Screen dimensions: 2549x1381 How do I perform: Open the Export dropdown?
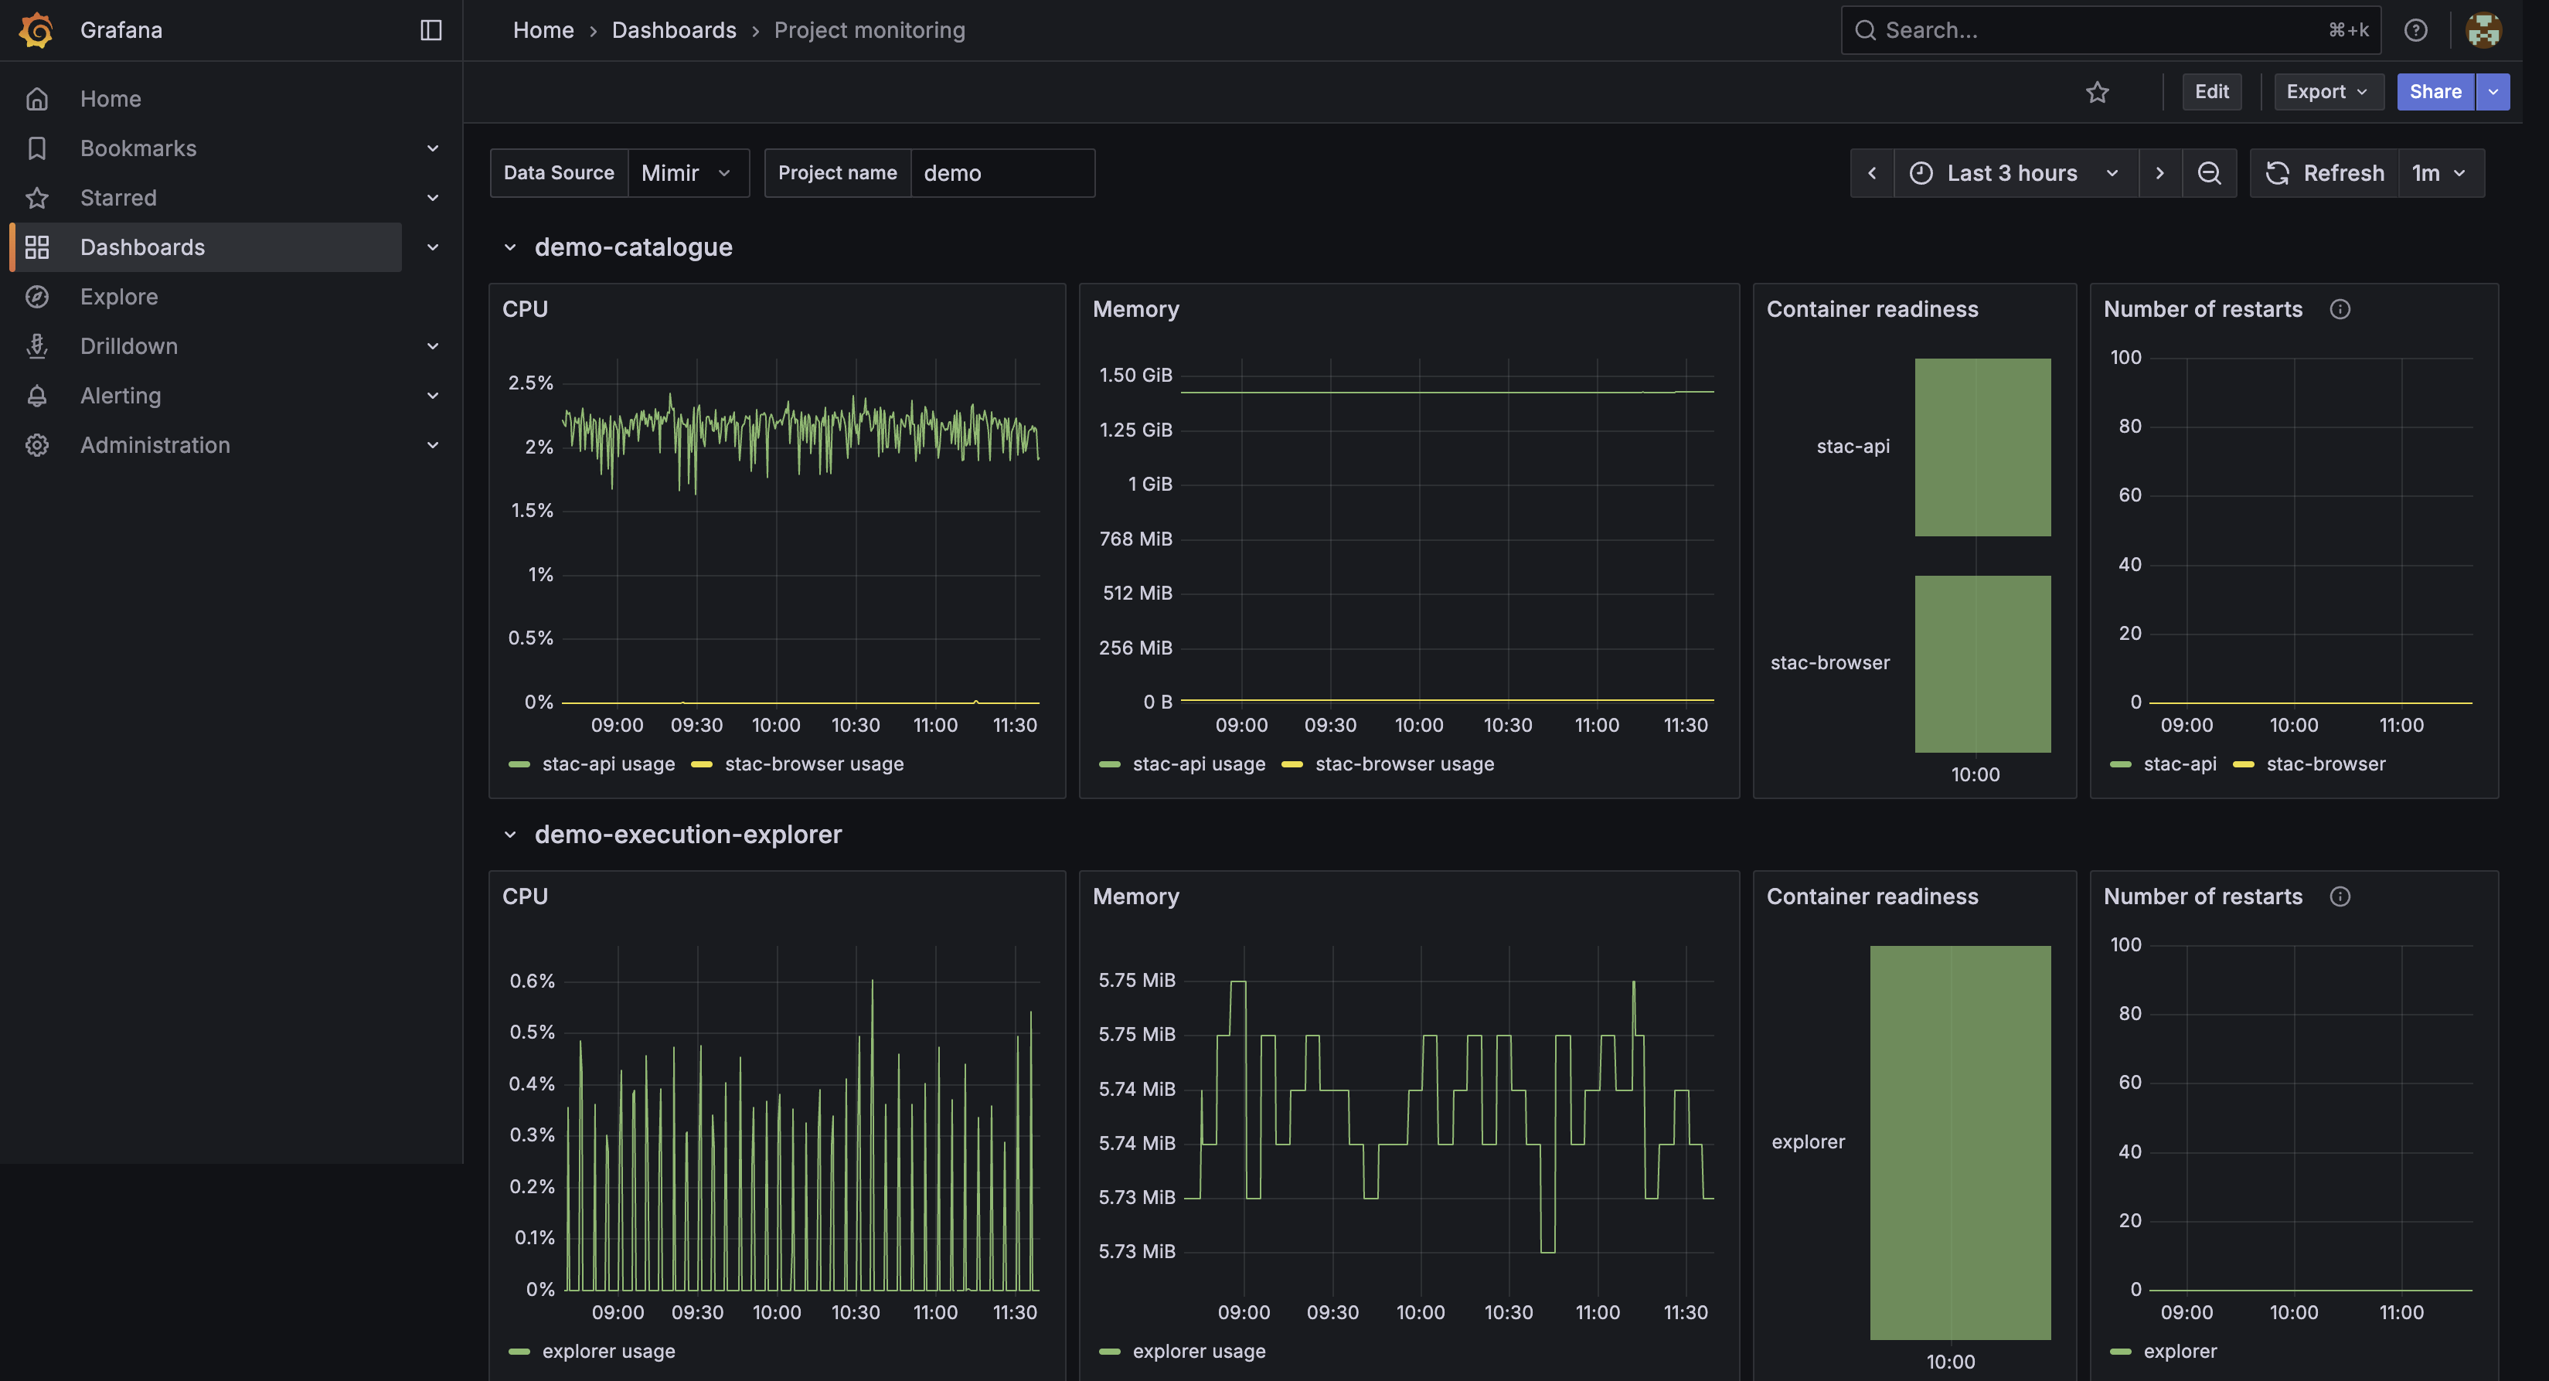[2327, 92]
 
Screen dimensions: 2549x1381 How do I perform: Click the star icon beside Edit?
[2098, 92]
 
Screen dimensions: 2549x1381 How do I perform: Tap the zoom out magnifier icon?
[2210, 173]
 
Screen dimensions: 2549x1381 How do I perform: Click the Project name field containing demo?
[1002, 173]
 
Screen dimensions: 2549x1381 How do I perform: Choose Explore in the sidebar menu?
[119, 297]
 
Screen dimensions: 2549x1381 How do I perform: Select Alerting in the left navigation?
[121, 396]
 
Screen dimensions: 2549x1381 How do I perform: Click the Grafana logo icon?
[36, 29]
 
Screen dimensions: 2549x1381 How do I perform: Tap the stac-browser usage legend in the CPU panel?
[798, 764]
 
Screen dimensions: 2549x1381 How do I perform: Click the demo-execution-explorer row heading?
[688, 834]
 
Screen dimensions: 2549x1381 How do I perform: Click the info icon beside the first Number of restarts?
[2340, 310]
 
